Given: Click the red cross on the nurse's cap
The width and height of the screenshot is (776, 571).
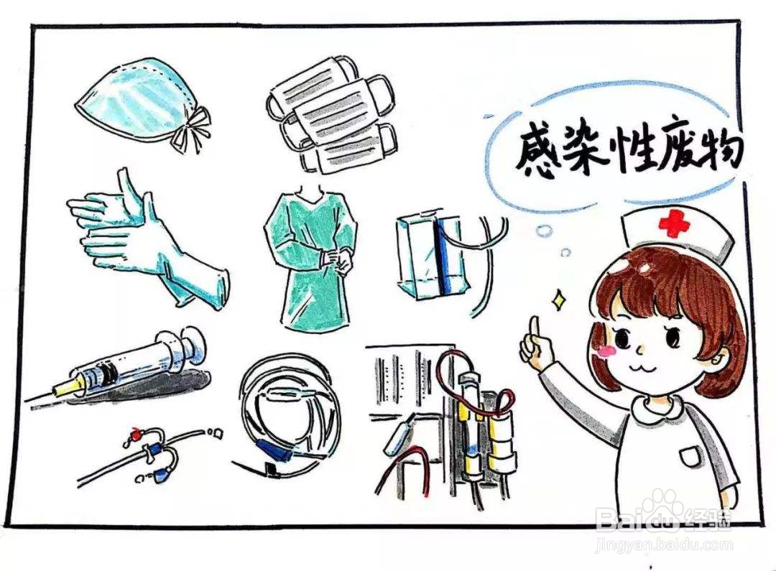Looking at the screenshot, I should (x=673, y=224).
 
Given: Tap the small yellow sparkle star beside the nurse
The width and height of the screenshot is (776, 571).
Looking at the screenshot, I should (x=558, y=301).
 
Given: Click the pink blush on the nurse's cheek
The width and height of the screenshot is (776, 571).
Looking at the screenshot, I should (x=608, y=351).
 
